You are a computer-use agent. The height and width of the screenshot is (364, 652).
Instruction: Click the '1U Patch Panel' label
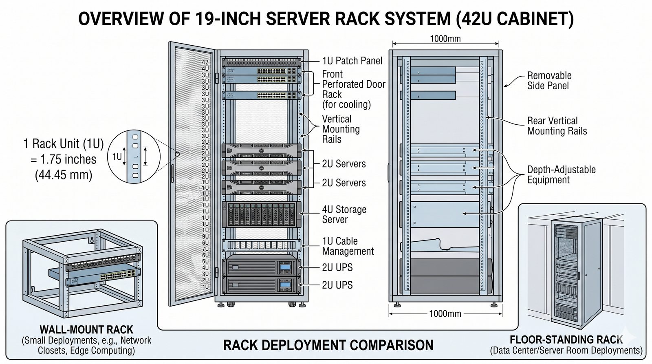[x=352, y=61]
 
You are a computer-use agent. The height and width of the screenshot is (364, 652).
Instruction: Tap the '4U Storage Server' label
[x=344, y=214]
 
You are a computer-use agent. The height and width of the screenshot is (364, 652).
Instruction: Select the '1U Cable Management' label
[x=348, y=246]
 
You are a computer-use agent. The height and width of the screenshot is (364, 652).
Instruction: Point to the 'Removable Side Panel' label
[x=549, y=81]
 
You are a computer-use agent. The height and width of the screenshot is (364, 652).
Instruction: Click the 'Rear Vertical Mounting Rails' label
[x=557, y=126]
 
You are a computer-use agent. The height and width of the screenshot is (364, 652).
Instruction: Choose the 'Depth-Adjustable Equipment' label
[x=561, y=174]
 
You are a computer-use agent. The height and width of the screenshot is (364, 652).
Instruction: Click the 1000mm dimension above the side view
[x=445, y=39]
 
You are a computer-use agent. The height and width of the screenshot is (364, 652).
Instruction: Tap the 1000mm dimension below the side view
[x=445, y=313]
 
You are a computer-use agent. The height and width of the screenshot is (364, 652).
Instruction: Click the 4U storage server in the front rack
[x=262, y=214]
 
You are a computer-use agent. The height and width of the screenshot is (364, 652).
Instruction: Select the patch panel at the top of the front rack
[x=262, y=62]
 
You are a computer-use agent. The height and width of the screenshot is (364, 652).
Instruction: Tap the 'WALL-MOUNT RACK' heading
[x=86, y=329]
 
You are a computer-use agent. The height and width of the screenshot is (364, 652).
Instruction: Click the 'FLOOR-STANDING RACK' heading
[x=566, y=340]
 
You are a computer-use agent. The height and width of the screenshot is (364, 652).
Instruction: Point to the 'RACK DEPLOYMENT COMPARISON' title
[x=328, y=345]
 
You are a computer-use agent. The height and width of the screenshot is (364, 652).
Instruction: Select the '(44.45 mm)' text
[x=64, y=174]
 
